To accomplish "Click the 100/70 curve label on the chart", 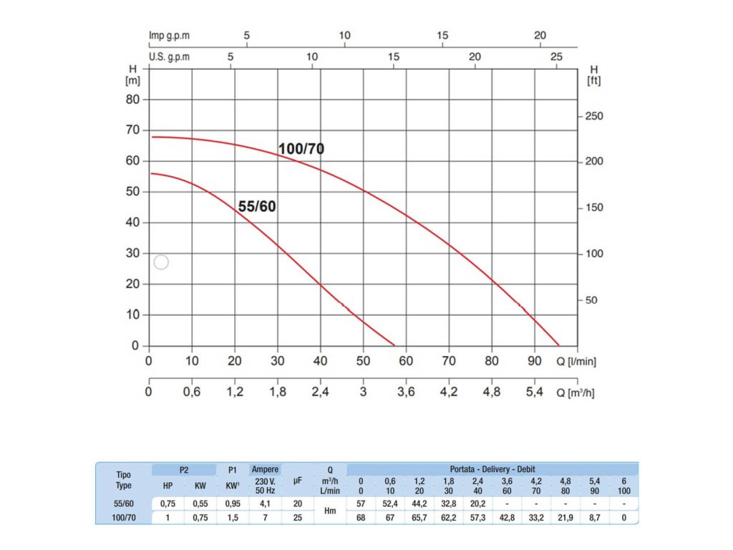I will pyautogui.click(x=301, y=149).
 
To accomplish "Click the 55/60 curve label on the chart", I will pyautogui.click(x=257, y=207).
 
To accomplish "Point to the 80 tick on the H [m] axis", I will pyautogui.click(x=132, y=100).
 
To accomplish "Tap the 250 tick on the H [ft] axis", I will pyautogui.click(x=593, y=116).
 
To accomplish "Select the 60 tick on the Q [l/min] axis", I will pyautogui.click(x=406, y=361).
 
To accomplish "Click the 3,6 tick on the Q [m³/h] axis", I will pyautogui.click(x=406, y=392).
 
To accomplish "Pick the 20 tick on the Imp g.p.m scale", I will pyautogui.click(x=540, y=35).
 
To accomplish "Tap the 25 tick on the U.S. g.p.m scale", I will pyautogui.click(x=556, y=57).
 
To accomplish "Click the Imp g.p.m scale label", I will pyautogui.click(x=169, y=35).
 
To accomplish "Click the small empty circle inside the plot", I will pyautogui.click(x=161, y=262).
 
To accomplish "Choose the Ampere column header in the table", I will pyautogui.click(x=265, y=470).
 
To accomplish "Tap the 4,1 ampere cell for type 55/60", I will pyautogui.click(x=265, y=504).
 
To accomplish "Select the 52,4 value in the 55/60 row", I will pyautogui.click(x=390, y=504).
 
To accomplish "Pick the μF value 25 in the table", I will pyautogui.click(x=297, y=517).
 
